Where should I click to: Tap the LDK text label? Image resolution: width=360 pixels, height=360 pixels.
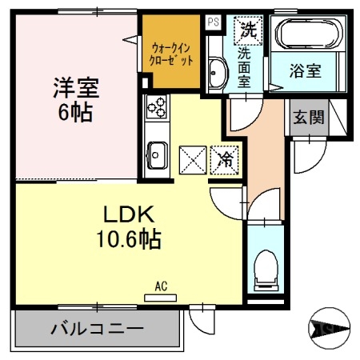tap(118, 214)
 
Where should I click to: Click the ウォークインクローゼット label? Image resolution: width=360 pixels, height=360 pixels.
tap(170, 53)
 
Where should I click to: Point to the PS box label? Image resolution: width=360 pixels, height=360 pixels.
tap(212, 22)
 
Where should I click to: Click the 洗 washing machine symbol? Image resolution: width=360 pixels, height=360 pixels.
tap(245, 31)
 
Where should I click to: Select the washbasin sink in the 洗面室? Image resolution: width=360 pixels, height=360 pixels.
tap(216, 74)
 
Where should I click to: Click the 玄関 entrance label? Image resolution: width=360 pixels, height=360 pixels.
tap(308, 117)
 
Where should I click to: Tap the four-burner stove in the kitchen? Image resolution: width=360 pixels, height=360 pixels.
tap(155, 106)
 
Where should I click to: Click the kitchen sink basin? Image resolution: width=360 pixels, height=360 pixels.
tap(156, 152)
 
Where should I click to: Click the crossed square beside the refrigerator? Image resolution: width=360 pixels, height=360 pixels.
tap(193, 158)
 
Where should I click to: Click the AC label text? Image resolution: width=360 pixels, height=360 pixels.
tap(160, 285)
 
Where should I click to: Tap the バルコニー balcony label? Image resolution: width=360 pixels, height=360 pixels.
tap(97, 327)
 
